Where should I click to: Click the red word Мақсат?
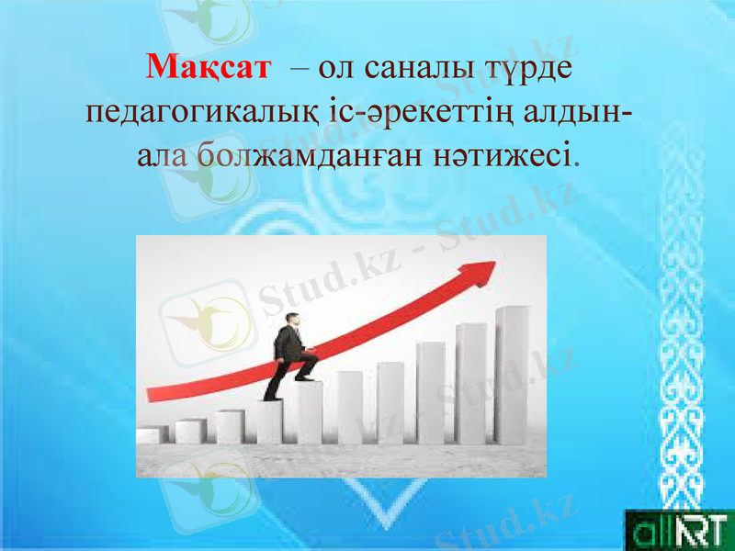pos(209,67)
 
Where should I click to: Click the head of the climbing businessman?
pos(291,320)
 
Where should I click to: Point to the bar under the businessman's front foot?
pos(308,412)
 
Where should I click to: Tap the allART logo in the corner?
pos(678,531)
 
